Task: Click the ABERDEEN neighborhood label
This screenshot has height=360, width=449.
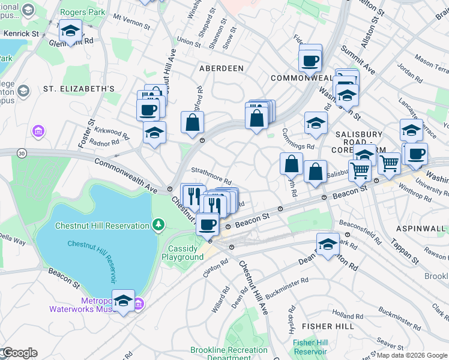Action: tap(221, 68)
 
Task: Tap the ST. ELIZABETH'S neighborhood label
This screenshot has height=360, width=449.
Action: tap(79, 89)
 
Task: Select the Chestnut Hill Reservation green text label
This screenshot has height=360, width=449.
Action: tap(101, 226)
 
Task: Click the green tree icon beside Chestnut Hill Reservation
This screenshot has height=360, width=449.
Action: tap(158, 225)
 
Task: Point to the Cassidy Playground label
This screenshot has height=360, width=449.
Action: tap(182, 253)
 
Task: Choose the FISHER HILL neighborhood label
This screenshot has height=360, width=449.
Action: tap(324, 326)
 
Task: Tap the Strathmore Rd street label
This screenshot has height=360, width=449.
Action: tap(211, 178)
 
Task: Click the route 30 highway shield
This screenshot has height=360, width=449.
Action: tap(22, 154)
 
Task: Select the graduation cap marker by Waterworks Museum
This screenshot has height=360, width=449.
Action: tap(123, 301)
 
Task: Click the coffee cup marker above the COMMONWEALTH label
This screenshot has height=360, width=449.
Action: tap(310, 61)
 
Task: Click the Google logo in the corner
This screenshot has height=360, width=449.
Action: tap(19, 353)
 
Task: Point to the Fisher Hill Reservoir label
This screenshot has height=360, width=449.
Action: tap(310, 347)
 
